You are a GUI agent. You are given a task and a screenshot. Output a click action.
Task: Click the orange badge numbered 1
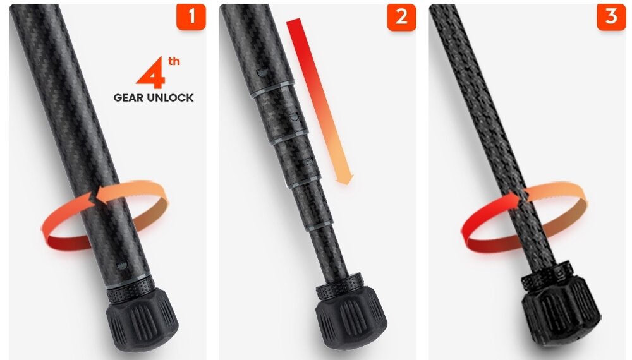click(x=191, y=16)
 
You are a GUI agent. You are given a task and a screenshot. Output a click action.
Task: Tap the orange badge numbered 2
click(x=401, y=17)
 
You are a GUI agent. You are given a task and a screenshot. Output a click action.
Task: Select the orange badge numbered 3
click(x=611, y=16)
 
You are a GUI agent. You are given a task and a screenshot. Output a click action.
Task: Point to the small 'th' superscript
click(x=174, y=61)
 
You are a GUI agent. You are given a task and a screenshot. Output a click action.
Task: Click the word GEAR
click(x=128, y=98)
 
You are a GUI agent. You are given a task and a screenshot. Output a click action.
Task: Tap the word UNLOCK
click(x=170, y=98)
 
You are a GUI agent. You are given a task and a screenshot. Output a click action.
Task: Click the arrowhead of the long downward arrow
click(x=344, y=179)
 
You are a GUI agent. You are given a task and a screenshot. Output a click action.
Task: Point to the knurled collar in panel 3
click(x=547, y=274)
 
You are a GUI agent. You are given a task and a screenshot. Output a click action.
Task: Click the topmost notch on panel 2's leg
click(x=262, y=73)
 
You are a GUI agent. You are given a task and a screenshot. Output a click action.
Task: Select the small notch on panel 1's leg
click(x=122, y=265)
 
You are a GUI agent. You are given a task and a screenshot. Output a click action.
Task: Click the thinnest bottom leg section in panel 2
click(x=335, y=250)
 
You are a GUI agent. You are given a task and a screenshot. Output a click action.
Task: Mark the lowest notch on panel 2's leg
click(x=309, y=161)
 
